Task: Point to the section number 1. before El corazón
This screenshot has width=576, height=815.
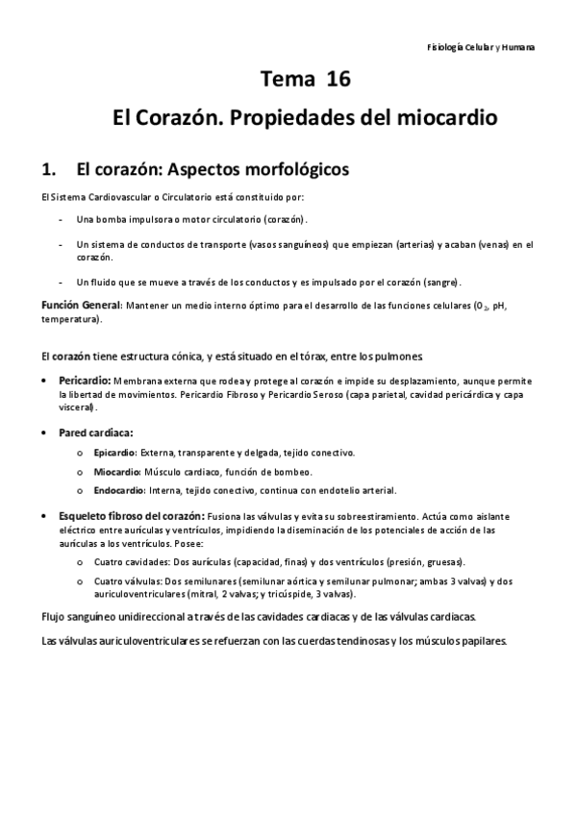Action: (52, 170)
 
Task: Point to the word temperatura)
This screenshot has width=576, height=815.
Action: (69, 318)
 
